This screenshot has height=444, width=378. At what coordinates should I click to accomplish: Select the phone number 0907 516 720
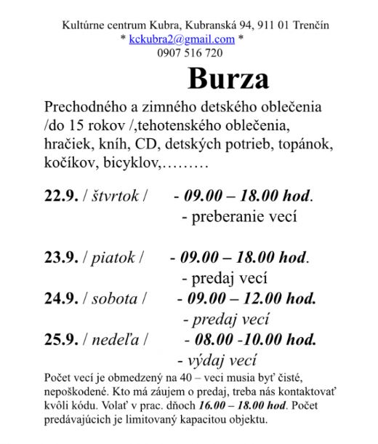point(190,52)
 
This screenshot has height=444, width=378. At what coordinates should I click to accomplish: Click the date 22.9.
point(61,196)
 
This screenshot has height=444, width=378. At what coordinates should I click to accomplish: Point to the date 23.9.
point(61,258)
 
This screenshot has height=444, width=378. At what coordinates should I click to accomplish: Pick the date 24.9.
point(61,298)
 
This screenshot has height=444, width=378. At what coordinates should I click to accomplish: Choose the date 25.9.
point(61,339)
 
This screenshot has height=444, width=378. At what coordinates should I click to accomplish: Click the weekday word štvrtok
point(116,196)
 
